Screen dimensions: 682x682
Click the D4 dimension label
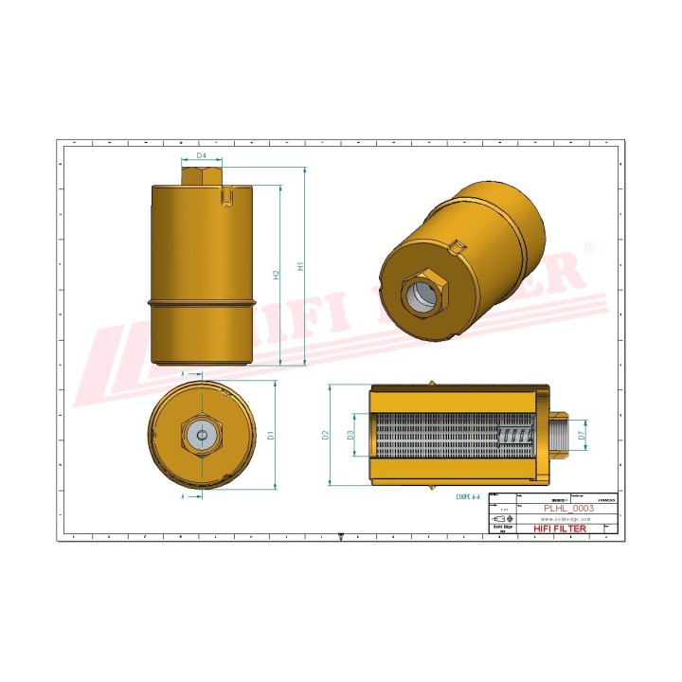coord(202,155)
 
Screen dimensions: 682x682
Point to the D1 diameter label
coord(271,435)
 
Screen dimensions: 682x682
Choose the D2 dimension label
coord(325,435)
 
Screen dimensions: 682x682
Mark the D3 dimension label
coord(350,435)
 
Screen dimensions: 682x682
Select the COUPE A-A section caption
coord(468,495)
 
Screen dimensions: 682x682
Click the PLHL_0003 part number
coord(566,509)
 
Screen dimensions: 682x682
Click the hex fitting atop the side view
coord(201,176)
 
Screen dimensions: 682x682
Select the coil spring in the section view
coord(515,435)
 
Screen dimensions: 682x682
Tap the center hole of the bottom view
coord(201,435)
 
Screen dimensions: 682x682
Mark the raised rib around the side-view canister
coord(203,303)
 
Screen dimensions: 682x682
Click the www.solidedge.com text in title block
coord(566,519)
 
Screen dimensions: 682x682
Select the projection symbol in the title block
coord(503,519)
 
